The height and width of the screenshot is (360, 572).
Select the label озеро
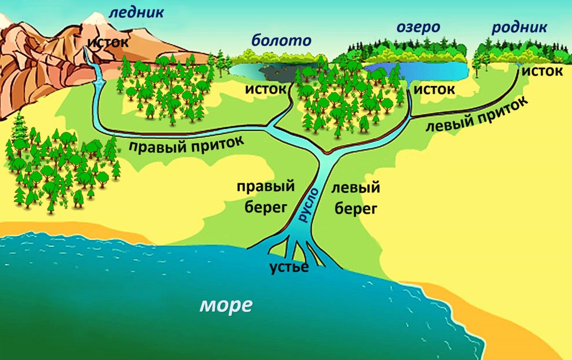[x=418, y=27]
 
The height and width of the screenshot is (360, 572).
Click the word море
[x=225, y=305]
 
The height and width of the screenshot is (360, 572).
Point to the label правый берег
[x=266, y=196]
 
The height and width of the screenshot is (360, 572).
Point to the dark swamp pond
[x=276, y=72]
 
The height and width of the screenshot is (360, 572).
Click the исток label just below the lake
[x=433, y=89]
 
